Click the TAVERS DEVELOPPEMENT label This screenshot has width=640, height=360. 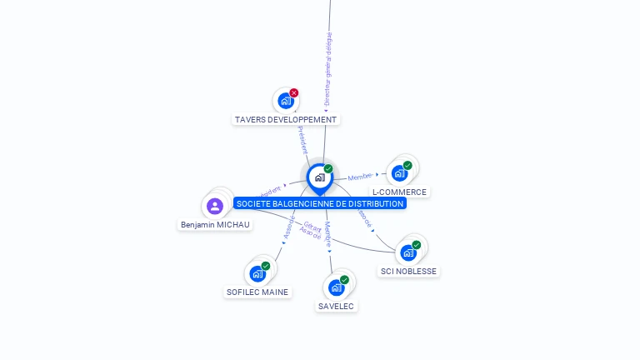(x=286, y=120)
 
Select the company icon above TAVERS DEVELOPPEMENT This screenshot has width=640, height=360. (x=286, y=101)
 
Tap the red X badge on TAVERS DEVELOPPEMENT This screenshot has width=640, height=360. (x=293, y=93)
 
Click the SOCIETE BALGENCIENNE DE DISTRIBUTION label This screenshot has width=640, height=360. (x=320, y=203)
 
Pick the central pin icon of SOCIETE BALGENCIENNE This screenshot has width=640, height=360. (x=319, y=177)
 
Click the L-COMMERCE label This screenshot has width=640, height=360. (x=399, y=192)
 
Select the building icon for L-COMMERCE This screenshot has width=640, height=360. (x=399, y=172)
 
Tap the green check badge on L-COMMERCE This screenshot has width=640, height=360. (x=407, y=165)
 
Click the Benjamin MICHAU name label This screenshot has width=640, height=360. (x=215, y=224)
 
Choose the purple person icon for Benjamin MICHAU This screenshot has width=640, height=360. (x=215, y=206)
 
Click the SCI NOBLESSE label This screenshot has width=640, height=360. (x=408, y=271)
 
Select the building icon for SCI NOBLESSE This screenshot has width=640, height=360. (x=407, y=252)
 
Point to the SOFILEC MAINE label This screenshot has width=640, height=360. (x=257, y=292)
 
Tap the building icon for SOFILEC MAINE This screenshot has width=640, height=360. (x=257, y=273)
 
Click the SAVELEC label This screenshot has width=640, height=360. (x=336, y=306)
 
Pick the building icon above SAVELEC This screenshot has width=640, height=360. (x=336, y=287)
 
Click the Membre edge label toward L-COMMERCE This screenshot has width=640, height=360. (x=360, y=177)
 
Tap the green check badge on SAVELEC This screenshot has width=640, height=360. (x=344, y=280)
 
